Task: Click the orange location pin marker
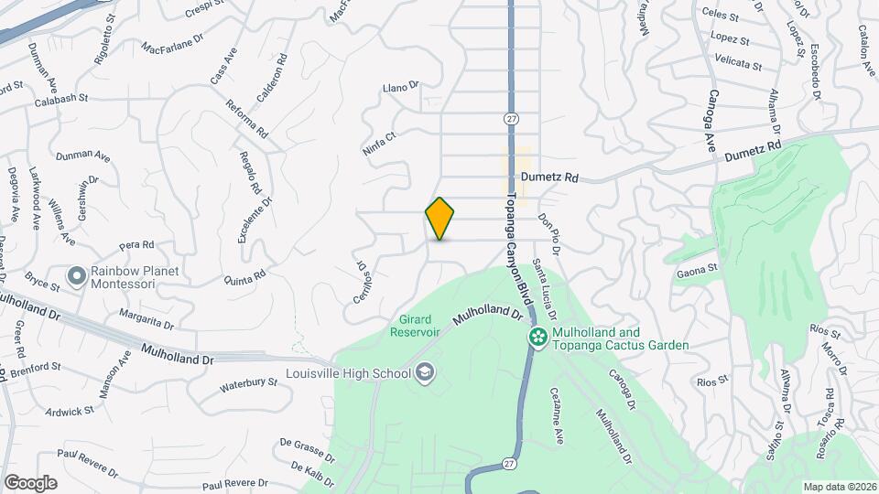pyautogui.click(x=440, y=218)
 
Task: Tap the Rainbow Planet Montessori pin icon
pyautogui.click(x=77, y=274)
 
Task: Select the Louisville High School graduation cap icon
pyautogui.click(x=424, y=371)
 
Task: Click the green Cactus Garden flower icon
pyautogui.click(x=537, y=338)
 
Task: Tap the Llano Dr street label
pyautogui.click(x=400, y=87)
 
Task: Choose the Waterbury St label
pyautogui.click(x=248, y=385)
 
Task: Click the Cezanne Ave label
pyautogui.click(x=556, y=416)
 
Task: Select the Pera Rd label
pyautogui.click(x=136, y=245)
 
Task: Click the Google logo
pyautogui.click(x=30, y=481)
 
